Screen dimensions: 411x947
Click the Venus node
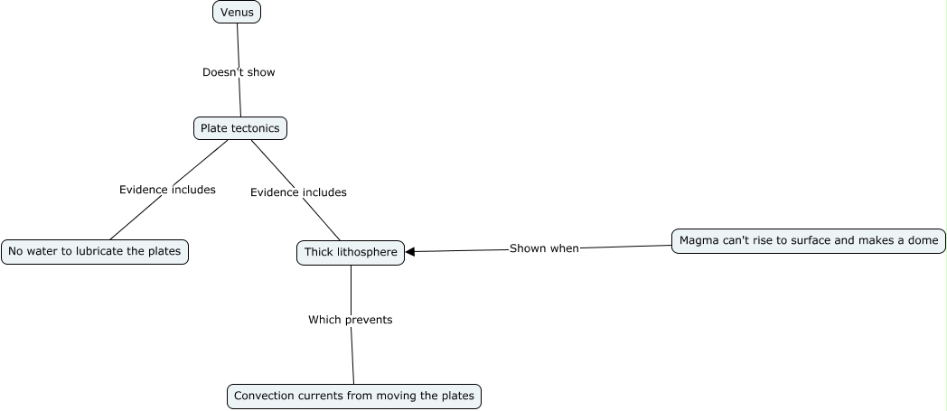click(237, 12)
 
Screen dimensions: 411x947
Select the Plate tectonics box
click(239, 128)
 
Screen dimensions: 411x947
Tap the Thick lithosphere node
click(351, 253)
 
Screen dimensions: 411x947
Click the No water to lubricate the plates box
click(95, 251)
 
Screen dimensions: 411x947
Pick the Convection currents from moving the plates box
click(353, 396)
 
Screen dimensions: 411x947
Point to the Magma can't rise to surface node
click(809, 240)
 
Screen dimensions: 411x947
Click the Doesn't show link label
click(239, 72)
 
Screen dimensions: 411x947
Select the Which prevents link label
click(350, 320)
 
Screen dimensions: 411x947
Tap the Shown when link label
click(544, 248)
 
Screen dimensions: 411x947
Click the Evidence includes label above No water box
click(167, 190)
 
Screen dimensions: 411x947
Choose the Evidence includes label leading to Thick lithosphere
click(298, 192)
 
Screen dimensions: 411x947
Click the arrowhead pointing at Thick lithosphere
click(411, 252)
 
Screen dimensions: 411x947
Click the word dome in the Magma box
click(924, 240)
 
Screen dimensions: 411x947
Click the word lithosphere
click(367, 253)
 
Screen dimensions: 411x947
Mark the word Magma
click(698, 240)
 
